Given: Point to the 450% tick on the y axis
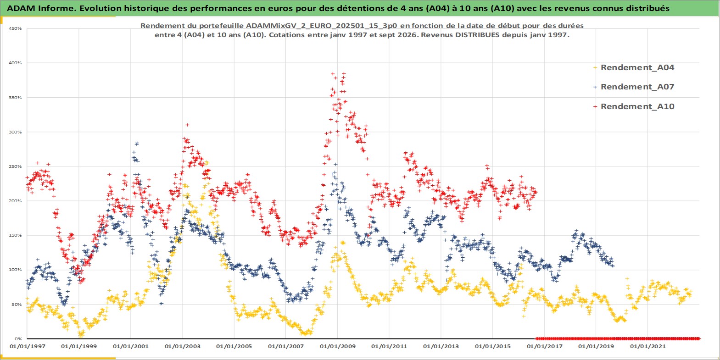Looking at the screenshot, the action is (x=15, y=28).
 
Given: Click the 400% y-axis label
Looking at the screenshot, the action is (x=15, y=63).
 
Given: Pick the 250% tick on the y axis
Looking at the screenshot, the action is (x=15, y=166).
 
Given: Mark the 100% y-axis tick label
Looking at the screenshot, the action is (x=15, y=270).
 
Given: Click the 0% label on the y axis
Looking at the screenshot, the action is (x=18, y=339).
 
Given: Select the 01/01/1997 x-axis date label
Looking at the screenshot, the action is (x=28, y=347).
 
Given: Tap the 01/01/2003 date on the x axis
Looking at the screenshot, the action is (x=182, y=347).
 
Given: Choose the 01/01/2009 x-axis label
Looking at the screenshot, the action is (x=337, y=347).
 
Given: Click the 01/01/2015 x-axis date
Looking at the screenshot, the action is (x=493, y=347).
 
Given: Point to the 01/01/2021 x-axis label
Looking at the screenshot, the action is (x=647, y=347).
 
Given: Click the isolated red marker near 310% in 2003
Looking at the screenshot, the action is (x=187, y=125).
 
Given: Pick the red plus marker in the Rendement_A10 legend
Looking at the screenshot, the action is (x=595, y=106).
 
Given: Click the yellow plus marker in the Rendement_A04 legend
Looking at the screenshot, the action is (x=595, y=68).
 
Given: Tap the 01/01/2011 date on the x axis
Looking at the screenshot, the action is (x=389, y=347).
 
